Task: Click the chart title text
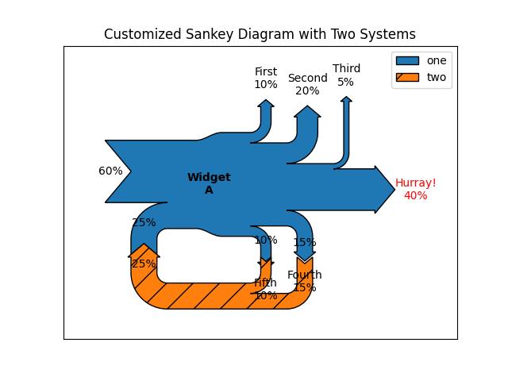[x=260, y=34]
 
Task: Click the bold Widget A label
[x=209, y=183]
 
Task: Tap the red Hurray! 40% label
[x=415, y=189]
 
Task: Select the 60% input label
[x=110, y=171]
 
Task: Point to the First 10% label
[x=266, y=78]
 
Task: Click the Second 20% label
[x=307, y=84]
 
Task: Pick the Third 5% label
[x=346, y=75]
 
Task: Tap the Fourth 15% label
[x=305, y=281]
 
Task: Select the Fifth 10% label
[x=266, y=289]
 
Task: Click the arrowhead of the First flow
[x=266, y=104]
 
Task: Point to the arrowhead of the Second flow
[x=307, y=112]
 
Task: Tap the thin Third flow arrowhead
[x=346, y=99]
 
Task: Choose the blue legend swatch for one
[x=406, y=60]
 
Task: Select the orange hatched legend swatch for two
[x=406, y=78]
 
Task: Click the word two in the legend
[x=437, y=78]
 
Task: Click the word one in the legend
[x=437, y=60]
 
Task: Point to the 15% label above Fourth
[x=305, y=242]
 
